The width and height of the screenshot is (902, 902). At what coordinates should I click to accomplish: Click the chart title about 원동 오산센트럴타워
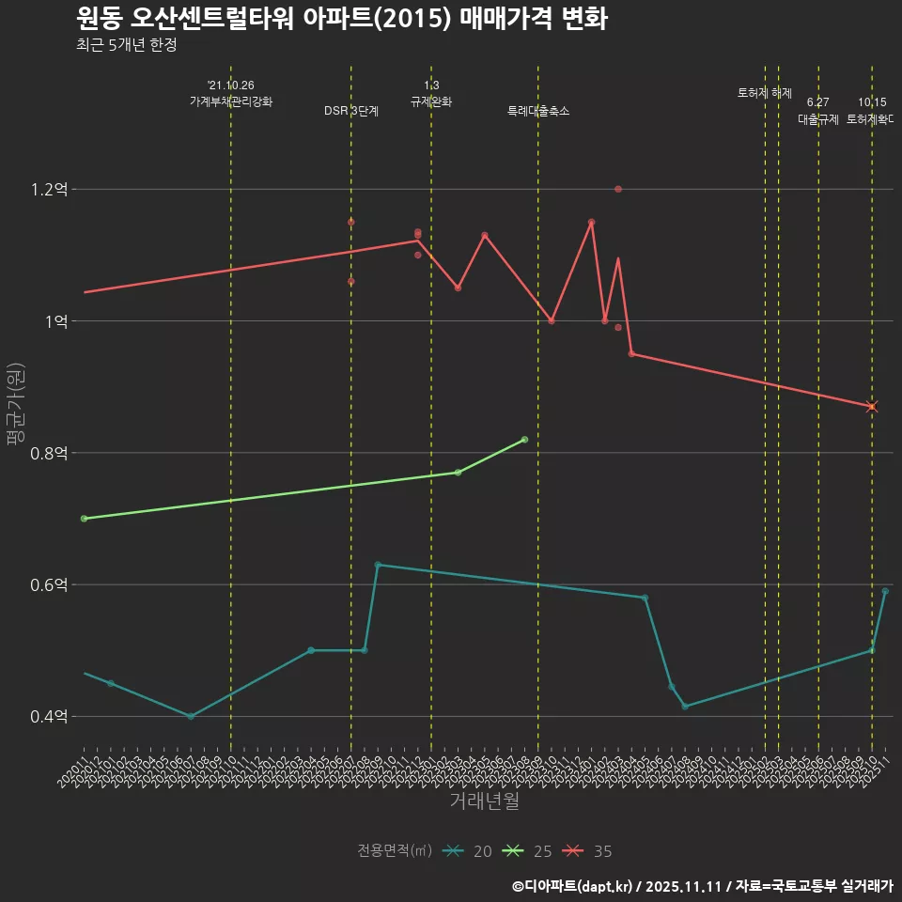pyautogui.click(x=341, y=19)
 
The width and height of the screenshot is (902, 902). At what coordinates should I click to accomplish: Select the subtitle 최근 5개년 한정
pyautogui.click(x=126, y=45)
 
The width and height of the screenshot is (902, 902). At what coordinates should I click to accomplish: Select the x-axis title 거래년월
pyautogui.click(x=484, y=801)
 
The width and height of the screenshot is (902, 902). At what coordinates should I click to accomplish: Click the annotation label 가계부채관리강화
pyautogui.click(x=231, y=101)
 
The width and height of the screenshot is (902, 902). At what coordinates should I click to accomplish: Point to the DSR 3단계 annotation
pyautogui.click(x=351, y=111)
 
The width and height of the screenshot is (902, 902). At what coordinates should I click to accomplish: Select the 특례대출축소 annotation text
pyautogui.click(x=538, y=111)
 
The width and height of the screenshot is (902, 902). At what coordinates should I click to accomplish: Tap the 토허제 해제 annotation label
pyautogui.click(x=765, y=93)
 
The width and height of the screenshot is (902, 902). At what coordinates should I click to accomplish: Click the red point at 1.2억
pyautogui.click(x=618, y=189)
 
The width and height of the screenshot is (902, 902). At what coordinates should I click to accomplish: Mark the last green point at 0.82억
pyautogui.click(x=524, y=440)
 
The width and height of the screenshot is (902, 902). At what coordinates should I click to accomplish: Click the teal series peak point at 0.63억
pyautogui.click(x=378, y=565)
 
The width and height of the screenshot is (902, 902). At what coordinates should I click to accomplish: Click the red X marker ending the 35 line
pyautogui.click(x=872, y=406)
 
